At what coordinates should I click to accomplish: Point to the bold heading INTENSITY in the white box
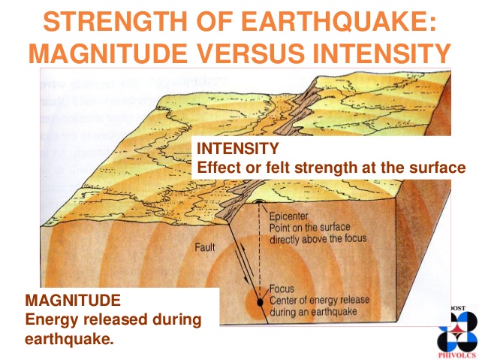click(x=237, y=148)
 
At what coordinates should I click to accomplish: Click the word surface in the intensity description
click(x=439, y=166)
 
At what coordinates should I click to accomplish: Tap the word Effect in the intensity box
click(x=217, y=166)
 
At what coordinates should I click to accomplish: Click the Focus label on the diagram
click(x=282, y=288)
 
